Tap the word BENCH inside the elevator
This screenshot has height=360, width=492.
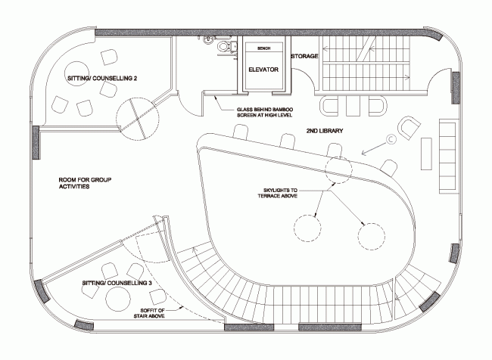pyautogui.click(x=264, y=48)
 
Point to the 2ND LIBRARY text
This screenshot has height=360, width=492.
pyautogui.click(x=325, y=131)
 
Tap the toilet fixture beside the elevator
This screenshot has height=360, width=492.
pyautogui.click(x=223, y=47)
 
